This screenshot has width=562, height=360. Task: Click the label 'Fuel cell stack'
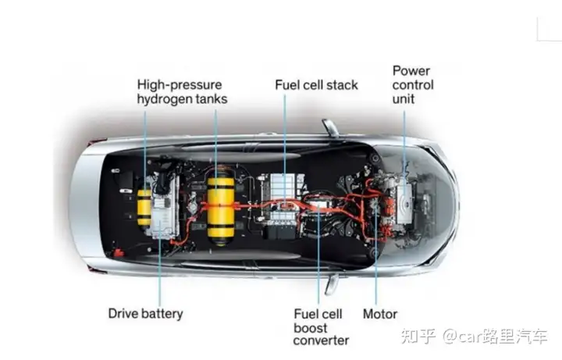(x=316, y=85)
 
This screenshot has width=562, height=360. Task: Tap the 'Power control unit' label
(x=413, y=85)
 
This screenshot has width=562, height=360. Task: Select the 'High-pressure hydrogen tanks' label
(x=182, y=92)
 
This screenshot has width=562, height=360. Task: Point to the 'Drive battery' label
(x=145, y=313)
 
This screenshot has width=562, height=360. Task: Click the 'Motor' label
(x=380, y=314)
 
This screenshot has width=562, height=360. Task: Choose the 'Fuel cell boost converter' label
(x=321, y=327)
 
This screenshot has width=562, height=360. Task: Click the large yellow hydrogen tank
(x=221, y=207)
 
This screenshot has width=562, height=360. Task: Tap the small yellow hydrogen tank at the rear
(x=144, y=208)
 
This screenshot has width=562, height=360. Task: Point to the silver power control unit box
(x=404, y=202)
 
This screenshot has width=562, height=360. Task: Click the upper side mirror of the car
(x=330, y=127)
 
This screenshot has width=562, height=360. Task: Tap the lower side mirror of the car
(x=332, y=284)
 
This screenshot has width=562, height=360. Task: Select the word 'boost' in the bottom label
(x=311, y=328)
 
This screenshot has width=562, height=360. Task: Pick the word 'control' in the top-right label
(x=413, y=85)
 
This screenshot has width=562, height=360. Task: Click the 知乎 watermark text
(x=418, y=336)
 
